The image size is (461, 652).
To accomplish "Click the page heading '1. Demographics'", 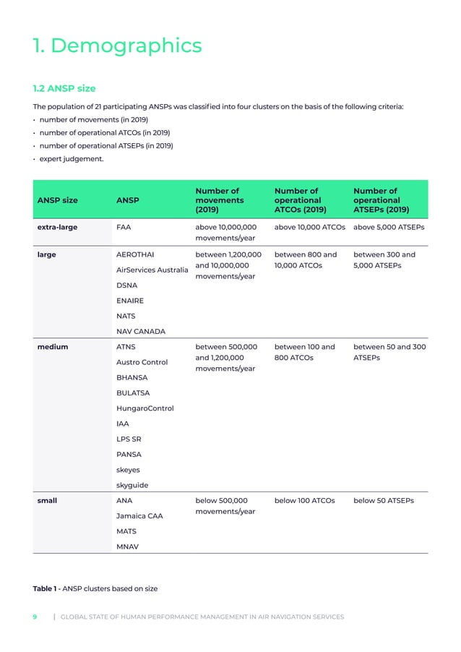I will pos(118,46).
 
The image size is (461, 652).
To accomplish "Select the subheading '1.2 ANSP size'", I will pos(64,89).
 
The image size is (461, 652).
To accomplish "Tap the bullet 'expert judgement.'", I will pos(72,158).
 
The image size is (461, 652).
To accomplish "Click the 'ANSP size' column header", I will pos(57,200).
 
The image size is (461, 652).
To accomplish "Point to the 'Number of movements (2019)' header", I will pos(220,200).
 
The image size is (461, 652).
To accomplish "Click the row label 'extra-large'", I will pos(57,227).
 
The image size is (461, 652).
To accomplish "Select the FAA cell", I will pos(124,227).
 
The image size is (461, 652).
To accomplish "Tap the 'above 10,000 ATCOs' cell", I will pos(310,227).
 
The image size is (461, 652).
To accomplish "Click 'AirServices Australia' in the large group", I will pos(152,270).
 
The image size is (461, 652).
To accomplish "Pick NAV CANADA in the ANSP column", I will pos(140,331).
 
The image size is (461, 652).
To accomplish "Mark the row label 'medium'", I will pos(52,347).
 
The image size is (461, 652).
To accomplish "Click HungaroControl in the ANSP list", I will pos(145,408).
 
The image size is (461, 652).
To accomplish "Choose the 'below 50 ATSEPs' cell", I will pos(384,500).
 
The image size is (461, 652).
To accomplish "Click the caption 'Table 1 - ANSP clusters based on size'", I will pos(95,588).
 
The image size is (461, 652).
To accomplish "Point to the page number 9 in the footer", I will pos(35,617).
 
